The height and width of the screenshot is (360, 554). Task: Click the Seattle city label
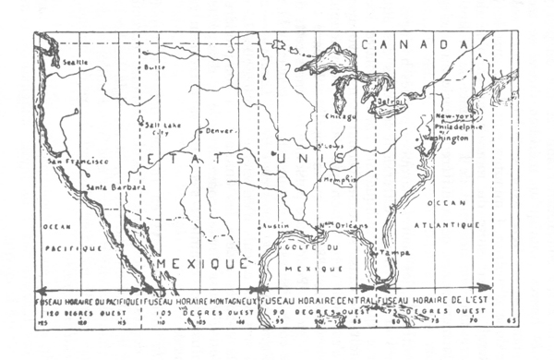69,62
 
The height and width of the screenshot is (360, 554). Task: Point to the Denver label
220,131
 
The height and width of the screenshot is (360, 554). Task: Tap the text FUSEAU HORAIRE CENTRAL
317,301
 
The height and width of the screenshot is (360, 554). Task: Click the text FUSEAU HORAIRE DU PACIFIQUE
85,301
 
